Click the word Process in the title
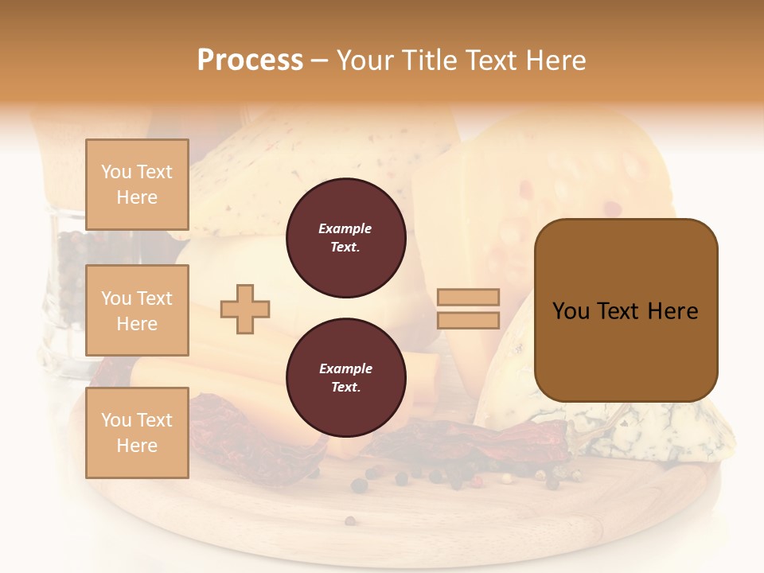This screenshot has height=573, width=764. click(x=250, y=60)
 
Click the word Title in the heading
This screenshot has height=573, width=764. click(x=427, y=60)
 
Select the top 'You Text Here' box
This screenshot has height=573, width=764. click(x=137, y=185)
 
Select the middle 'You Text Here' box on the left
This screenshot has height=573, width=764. click(x=137, y=310)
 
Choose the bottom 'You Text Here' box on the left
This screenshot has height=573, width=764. click(x=137, y=432)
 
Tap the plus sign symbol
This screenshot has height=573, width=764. click(x=245, y=309)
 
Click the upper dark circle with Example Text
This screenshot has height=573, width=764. click(x=345, y=238)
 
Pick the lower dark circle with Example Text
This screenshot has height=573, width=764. click(x=345, y=378)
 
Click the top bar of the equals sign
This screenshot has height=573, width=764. click(x=468, y=297)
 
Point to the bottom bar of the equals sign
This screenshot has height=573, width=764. click(x=468, y=320)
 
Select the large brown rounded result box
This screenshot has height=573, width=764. click(x=626, y=310)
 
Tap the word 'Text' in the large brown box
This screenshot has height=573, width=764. click(x=621, y=311)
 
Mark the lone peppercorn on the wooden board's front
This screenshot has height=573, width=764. click(x=349, y=521)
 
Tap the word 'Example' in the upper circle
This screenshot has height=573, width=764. click(x=345, y=229)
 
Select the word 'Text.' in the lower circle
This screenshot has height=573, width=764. click(x=345, y=388)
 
